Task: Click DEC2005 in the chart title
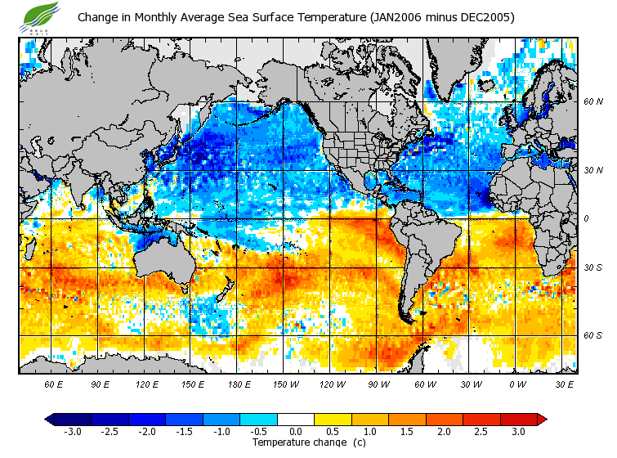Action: pyautogui.click(x=485, y=17)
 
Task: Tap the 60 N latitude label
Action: pyautogui.click(x=592, y=102)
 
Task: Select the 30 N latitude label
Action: pyautogui.click(x=592, y=170)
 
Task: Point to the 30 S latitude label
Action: pyautogui.click(x=592, y=267)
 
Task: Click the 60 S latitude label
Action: pyautogui.click(x=592, y=335)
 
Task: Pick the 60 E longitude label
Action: pyautogui.click(x=54, y=384)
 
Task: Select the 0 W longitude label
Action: pyautogui.click(x=516, y=384)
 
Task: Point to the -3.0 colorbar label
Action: pyautogui.click(x=73, y=432)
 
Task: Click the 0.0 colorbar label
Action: pyautogui.click(x=296, y=432)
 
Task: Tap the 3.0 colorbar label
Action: pyautogui.click(x=518, y=432)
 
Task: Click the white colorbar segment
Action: pyautogui.click(x=296, y=419)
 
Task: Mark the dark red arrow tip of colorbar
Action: pyautogui.click(x=541, y=419)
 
